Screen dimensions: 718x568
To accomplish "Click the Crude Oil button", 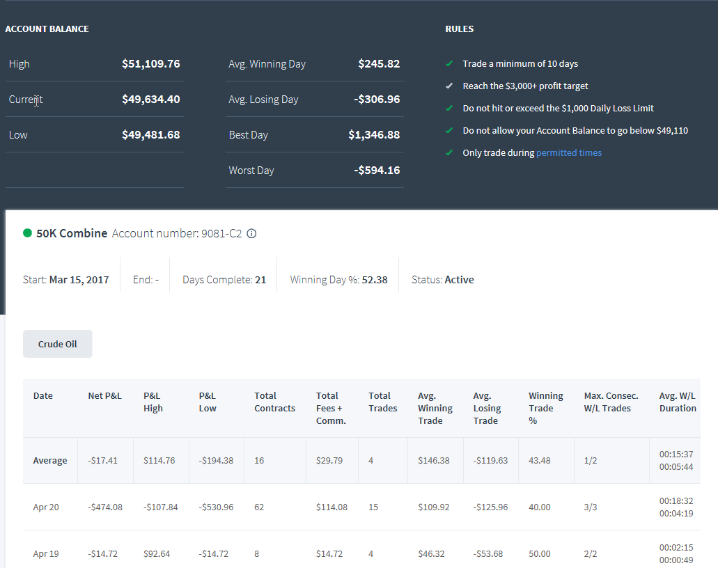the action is coord(58,344).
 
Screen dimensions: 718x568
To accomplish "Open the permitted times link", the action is coord(569,153).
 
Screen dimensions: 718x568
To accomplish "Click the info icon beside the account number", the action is coord(251,233).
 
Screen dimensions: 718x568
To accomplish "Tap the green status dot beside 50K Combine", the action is coord(27,233).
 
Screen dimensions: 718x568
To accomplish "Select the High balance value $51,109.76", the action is coord(150,63).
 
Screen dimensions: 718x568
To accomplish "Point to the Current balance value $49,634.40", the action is coord(150,100).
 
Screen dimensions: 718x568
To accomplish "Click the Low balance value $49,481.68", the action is coord(150,135).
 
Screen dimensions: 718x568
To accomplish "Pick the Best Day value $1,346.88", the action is coord(374,135).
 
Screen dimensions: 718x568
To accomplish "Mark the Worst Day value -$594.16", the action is coord(377,171).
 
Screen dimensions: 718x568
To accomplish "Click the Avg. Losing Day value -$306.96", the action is coord(377,100).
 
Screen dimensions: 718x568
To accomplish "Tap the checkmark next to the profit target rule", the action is coord(449,86).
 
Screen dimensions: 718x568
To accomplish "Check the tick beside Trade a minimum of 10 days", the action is coord(449,63).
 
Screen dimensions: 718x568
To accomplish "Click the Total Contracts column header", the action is coord(275,402).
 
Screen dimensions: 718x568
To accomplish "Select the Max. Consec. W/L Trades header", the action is coord(611,402).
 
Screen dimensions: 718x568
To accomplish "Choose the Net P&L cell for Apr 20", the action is coord(105,507).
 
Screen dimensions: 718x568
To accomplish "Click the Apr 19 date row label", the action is coord(46,554).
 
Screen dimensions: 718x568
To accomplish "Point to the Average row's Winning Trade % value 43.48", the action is coord(540,460).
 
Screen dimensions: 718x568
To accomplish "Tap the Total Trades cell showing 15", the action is coord(373,507).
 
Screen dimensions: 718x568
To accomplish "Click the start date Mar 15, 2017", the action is coord(79,280).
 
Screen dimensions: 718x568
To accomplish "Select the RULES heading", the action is coord(459,29).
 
